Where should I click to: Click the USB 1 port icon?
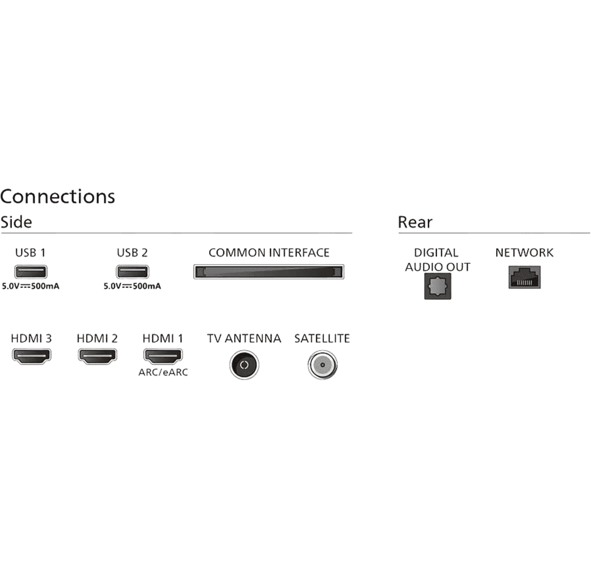[x=31, y=272]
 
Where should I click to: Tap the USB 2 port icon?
[x=132, y=272]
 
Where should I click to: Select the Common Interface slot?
[x=269, y=272]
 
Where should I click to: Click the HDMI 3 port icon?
[x=31, y=356]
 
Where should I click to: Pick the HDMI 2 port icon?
[x=97, y=356]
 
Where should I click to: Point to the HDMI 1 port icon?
[x=163, y=356]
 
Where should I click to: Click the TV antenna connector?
[x=244, y=365]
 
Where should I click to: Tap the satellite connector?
[x=322, y=365]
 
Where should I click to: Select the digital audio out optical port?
[x=438, y=286]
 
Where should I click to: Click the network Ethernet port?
[x=524, y=277]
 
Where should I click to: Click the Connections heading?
[x=57, y=197]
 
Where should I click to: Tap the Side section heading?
[x=16, y=222]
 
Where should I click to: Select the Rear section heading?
[x=415, y=222]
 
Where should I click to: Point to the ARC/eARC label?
[x=163, y=373]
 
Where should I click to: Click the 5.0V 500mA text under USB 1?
[x=31, y=286]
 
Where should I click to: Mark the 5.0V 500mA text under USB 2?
[x=132, y=286]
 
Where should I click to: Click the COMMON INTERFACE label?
[x=269, y=253]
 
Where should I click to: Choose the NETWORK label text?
[x=524, y=253]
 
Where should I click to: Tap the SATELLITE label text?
[x=322, y=339]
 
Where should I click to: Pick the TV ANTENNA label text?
[x=244, y=339]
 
